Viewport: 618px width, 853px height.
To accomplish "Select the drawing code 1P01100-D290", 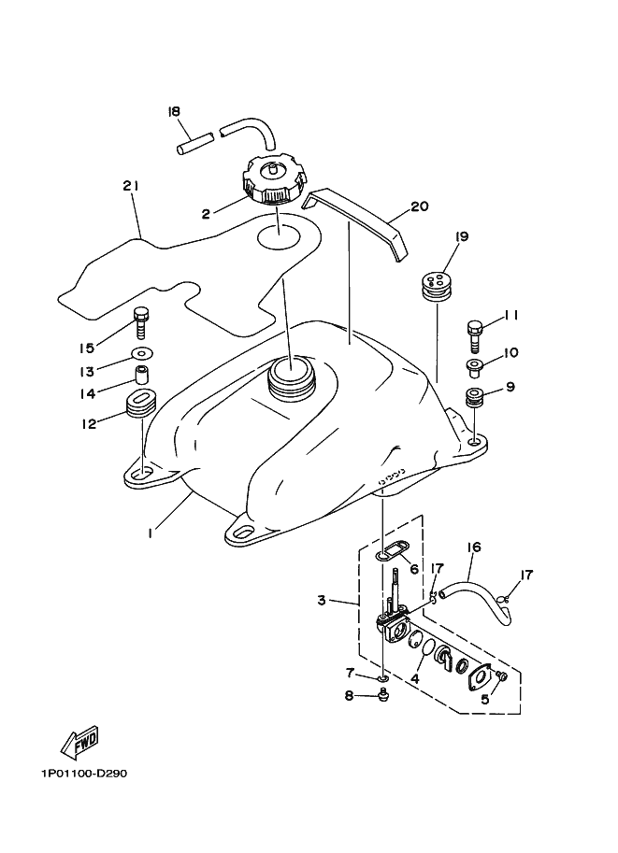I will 83,774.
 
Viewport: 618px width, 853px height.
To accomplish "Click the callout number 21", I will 130,186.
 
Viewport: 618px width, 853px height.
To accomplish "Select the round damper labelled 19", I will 432,283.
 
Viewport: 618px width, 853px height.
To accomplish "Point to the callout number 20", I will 419,206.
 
